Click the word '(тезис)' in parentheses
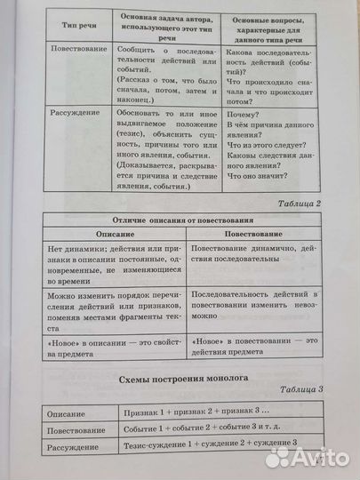(132, 126)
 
